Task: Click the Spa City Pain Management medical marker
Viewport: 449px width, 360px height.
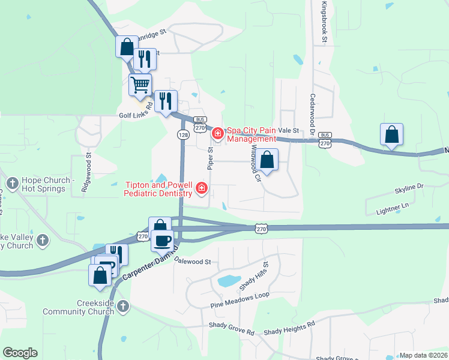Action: [217, 131]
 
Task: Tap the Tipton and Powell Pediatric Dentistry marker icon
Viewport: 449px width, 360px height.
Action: [202, 190]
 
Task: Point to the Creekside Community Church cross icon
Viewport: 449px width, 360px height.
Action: [122, 307]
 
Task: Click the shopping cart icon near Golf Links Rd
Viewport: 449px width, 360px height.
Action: [140, 85]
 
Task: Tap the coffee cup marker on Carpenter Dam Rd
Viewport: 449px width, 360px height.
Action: [162, 241]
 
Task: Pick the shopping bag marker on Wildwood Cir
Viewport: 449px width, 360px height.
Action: [268, 160]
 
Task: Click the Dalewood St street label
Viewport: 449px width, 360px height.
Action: [193, 262]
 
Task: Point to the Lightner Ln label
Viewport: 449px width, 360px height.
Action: [391, 209]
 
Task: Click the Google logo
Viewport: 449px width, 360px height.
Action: [20, 353]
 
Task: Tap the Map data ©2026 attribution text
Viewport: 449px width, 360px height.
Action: [423, 355]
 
